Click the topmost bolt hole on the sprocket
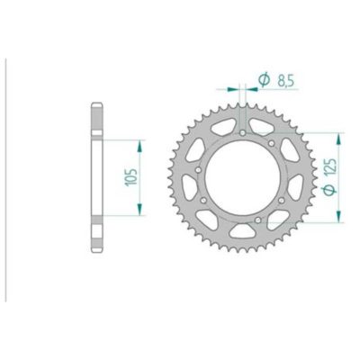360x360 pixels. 245,134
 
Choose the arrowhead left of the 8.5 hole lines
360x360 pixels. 237,89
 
